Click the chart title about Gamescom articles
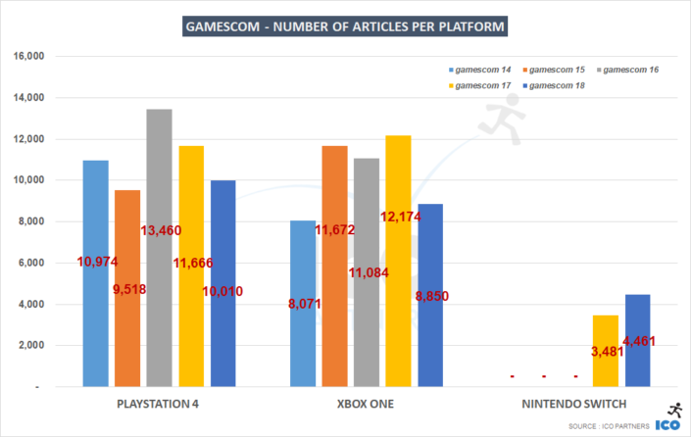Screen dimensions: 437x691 pyautogui.click(x=345, y=25)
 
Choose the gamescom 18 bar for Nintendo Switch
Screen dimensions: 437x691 pyautogui.click(x=637, y=363)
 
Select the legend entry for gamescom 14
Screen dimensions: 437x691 pyautogui.click(x=481, y=71)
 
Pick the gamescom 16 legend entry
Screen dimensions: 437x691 pyautogui.click(x=628, y=71)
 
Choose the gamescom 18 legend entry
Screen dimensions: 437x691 pyautogui.click(x=558, y=86)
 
